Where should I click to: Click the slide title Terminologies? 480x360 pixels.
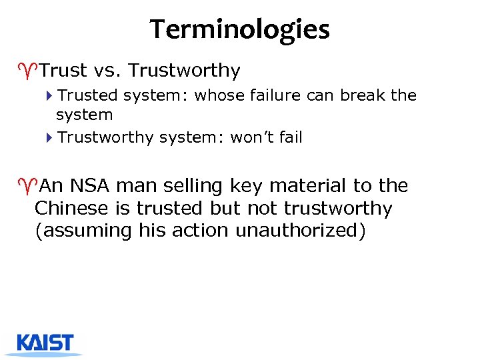click(239, 29)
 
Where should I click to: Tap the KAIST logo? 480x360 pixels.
click(45, 344)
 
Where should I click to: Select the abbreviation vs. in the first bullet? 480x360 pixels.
click(104, 70)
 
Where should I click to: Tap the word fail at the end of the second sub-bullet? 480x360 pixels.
click(291, 137)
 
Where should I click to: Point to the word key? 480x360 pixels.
click(245, 186)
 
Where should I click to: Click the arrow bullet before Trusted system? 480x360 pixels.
click(51, 96)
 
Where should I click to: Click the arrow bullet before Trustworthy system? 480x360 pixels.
click(51, 138)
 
